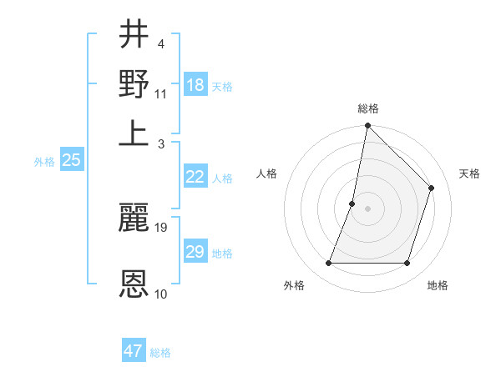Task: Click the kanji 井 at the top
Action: (x=134, y=36)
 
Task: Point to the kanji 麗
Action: (x=134, y=219)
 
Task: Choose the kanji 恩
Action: (x=134, y=284)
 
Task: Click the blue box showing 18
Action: (x=195, y=85)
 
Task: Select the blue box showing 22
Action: (x=195, y=177)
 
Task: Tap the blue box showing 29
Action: (x=195, y=252)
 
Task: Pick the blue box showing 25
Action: (x=71, y=160)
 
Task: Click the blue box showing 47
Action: (x=134, y=351)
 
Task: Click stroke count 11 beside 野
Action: (x=161, y=93)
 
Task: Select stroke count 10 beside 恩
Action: (x=161, y=294)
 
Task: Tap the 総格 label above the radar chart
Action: (x=368, y=109)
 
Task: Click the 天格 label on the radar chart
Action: (x=469, y=173)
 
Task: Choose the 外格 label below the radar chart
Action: (x=294, y=286)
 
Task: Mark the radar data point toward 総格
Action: (x=367, y=126)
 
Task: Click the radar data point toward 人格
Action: (x=352, y=204)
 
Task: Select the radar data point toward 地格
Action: (x=407, y=264)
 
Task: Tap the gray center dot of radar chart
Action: (x=367, y=209)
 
